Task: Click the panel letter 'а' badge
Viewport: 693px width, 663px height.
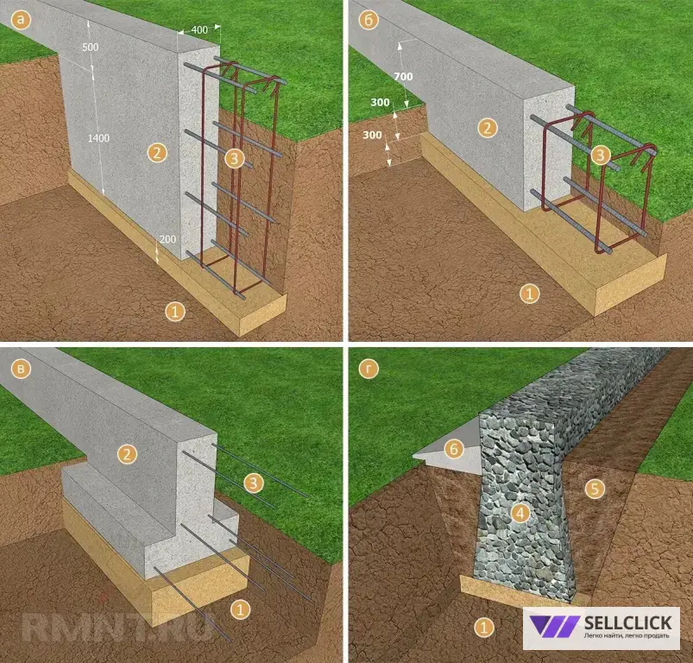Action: (x=21, y=20)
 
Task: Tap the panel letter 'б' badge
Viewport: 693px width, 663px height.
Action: (x=369, y=20)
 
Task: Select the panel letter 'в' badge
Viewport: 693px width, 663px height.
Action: (x=21, y=369)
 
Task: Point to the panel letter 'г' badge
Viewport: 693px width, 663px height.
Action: (x=369, y=369)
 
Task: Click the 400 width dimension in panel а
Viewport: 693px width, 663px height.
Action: (x=199, y=29)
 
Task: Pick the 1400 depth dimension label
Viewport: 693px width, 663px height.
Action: (x=98, y=138)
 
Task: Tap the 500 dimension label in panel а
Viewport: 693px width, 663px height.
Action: (x=90, y=47)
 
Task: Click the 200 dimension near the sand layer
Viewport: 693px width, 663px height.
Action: (x=167, y=239)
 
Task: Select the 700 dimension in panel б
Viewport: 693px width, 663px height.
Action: (x=403, y=77)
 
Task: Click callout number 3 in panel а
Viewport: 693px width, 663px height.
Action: (x=234, y=158)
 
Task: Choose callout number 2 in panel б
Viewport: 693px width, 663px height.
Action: (x=487, y=128)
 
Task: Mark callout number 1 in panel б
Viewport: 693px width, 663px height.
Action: (x=529, y=294)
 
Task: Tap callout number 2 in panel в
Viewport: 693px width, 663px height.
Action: (x=127, y=454)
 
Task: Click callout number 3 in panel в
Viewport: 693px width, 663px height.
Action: (x=253, y=483)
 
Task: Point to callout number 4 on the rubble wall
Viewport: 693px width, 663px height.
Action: (x=520, y=513)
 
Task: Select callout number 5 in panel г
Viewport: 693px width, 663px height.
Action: (x=595, y=489)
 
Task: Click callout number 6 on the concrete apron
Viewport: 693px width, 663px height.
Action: (x=454, y=449)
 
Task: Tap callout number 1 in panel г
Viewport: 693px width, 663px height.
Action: (x=483, y=628)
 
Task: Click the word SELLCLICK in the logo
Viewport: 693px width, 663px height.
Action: (x=628, y=622)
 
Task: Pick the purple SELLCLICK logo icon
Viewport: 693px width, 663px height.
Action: (x=555, y=627)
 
